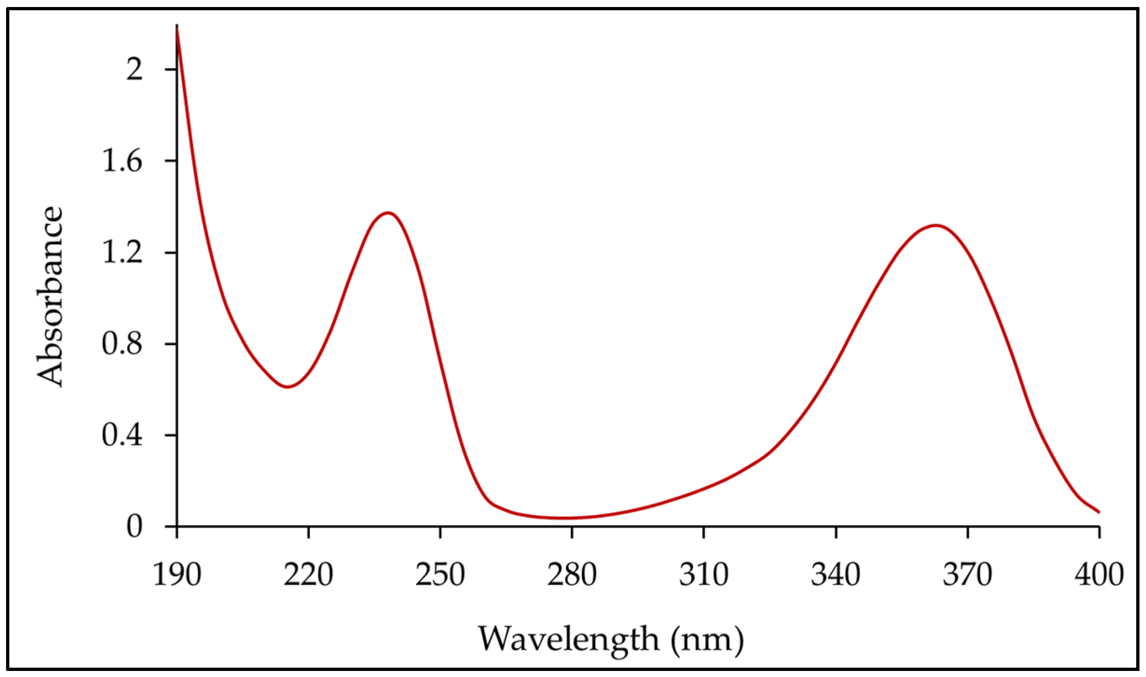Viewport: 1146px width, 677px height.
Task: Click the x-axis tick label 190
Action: tap(177, 575)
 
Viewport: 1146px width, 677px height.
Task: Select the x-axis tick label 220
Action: tap(309, 575)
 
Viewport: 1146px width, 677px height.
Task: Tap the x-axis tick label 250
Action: tap(440, 575)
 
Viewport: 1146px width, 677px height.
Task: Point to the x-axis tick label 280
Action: tap(572, 575)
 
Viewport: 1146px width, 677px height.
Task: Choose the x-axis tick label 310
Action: tap(704, 575)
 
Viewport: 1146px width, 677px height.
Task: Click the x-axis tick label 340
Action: tap(836, 575)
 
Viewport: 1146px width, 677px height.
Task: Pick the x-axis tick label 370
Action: tap(968, 575)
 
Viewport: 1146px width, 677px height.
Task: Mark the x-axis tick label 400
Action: tap(1099, 575)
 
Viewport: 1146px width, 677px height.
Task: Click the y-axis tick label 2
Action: tap(134, 70)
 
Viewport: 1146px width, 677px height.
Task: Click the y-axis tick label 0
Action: tap(134, 527)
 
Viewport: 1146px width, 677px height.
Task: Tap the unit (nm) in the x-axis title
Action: tap(707, 640)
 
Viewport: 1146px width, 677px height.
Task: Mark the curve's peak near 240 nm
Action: tap(388, 213)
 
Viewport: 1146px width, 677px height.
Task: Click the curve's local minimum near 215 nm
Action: tap(287, 387)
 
